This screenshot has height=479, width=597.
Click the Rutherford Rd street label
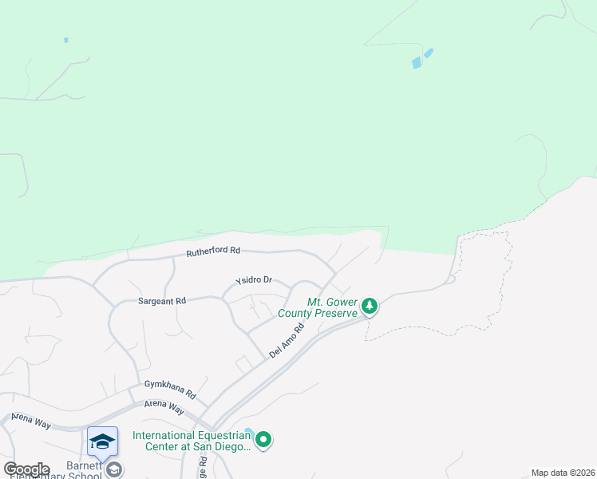(213, 251)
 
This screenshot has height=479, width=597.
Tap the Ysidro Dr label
(254, 280)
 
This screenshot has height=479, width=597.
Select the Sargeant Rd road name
(162, 301)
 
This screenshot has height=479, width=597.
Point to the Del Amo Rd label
(288, 341)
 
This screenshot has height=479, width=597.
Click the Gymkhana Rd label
(170, 389)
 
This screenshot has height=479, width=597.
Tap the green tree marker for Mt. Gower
(370, 305)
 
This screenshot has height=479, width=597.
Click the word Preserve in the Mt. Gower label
(330, 314)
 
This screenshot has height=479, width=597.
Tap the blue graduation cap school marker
(102, 441)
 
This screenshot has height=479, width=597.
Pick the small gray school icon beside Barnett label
(115, 470)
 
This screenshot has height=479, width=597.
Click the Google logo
(26, 469)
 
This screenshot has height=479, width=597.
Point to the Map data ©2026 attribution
(563, 473)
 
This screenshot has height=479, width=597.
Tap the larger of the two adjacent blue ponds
(417, 63)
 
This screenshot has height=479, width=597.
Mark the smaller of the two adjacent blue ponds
(429, 53)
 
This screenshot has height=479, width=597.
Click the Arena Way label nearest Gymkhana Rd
(164, 407)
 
